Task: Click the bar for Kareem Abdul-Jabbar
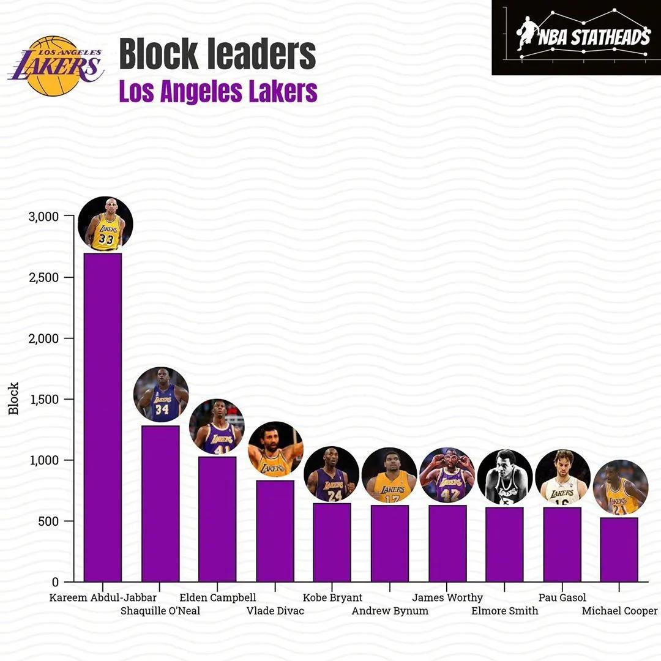point(102,416)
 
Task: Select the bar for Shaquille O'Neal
point(160,503)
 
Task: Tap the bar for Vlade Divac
point(275,531)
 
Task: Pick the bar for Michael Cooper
point(619,549)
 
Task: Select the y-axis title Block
point(13,399)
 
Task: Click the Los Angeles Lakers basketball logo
point(56,66)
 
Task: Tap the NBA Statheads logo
point(576,37)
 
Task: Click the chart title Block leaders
point(217,54)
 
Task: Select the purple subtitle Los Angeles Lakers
point(218,92)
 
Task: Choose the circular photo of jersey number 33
point(105,224)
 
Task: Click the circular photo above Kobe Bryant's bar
point(332,474)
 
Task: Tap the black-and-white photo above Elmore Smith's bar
point(505,477)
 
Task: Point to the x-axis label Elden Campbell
point(218,597)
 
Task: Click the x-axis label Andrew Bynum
point(390,611)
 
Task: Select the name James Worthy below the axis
point(447,597)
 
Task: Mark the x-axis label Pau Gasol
point(562,597)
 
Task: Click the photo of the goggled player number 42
point(447,475)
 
